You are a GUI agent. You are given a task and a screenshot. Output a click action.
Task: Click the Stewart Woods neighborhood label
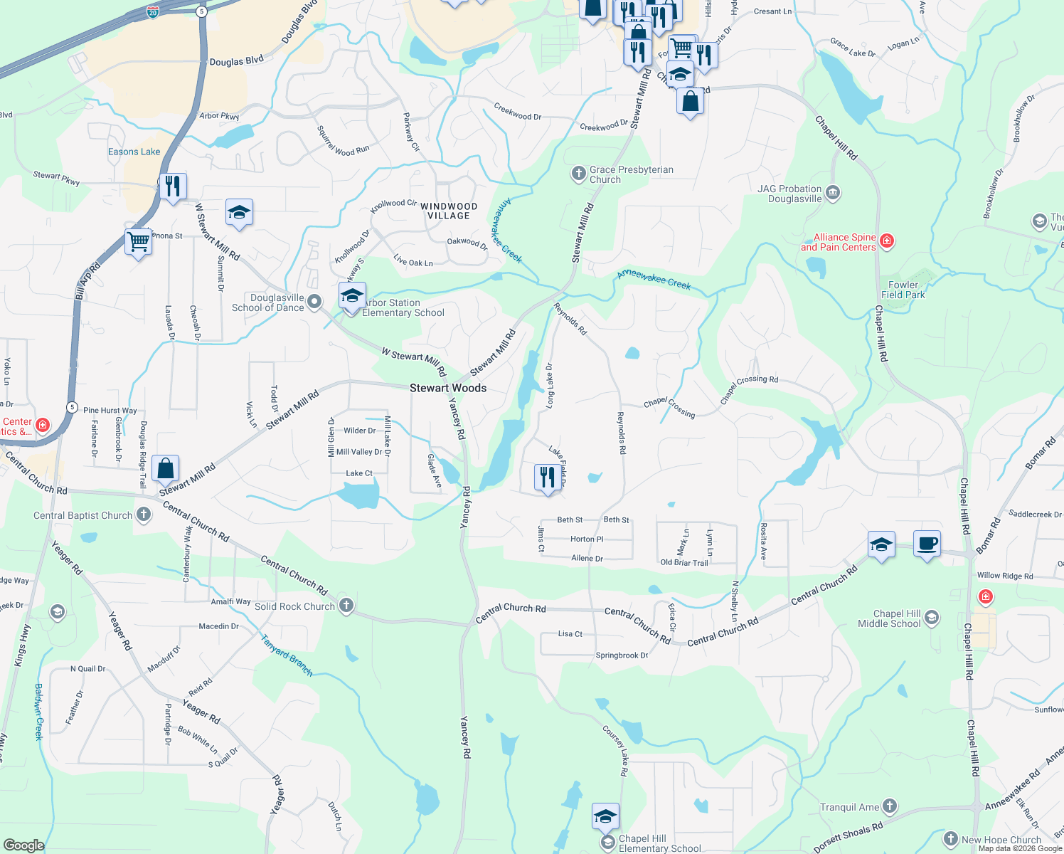pyautogui.click(x=448, y=388)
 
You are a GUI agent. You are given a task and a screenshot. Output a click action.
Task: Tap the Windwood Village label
pyautogui.click(x=449, y=211)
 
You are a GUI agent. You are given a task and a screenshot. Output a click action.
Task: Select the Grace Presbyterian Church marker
pyautogui.click(x=578, y=173)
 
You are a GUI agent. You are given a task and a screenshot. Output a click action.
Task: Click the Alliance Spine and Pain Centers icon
pyautogui.click(x=886, y=241)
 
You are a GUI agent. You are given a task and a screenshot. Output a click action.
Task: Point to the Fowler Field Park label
pyautogui.click(x=903, y=290)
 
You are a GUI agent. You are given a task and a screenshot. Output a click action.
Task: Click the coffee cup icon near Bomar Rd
pyautogui.click(x=927, y=544)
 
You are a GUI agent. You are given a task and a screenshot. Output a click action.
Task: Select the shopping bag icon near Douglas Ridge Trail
pyautogui.click(x=165, y=469)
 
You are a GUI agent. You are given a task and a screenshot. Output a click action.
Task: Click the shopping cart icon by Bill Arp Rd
pyautogui.click(x=138, y=242)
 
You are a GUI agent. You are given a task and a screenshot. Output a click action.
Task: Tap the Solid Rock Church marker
pyautogui.click(x=346, y=606)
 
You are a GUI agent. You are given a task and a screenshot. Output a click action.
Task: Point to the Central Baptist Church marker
pyautogui.click(x=144, y=515)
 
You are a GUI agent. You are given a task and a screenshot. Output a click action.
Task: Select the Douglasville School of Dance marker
pyautogui.click(x=314, y=304)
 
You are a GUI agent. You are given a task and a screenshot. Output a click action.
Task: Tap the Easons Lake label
pyautogui.click(x=134, y=152)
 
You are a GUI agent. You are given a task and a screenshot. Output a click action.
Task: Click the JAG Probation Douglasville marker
pyautogui.click(x=833, y=193)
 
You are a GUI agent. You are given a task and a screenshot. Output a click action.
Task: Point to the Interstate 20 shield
pyautogui.click(x=153, y=11)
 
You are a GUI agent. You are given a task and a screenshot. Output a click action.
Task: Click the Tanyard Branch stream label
pyautogui.click(x=287, y=655)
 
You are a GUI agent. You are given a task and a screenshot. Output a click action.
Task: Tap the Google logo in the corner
pyautogui.click(x=23, y=845)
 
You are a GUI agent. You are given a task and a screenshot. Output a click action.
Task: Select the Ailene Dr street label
pyautogui.click(x=587, y=559)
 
